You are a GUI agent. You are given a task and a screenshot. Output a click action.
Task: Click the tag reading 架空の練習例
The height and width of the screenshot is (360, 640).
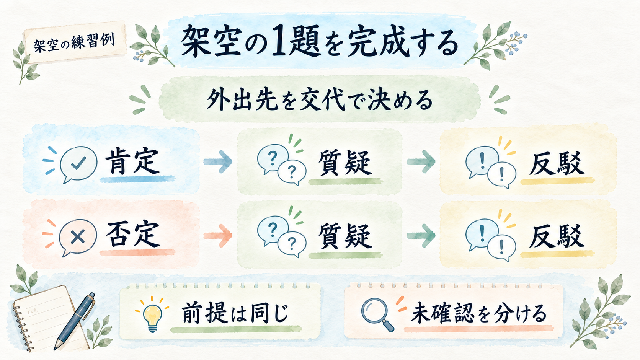(x=75, y=42)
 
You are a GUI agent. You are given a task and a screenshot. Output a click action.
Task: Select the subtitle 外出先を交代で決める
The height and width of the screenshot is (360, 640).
(x=320, y=99)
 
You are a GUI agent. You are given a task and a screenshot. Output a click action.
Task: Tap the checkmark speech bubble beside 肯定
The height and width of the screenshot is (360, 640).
(x=78, y=164)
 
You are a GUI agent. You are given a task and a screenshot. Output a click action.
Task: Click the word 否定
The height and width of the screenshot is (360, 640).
(x=132, y=235)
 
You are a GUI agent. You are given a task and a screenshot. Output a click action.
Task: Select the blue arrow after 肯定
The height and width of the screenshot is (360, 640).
(x=218, y=161)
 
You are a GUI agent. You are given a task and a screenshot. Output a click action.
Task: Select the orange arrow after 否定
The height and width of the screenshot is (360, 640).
(x=218, y=236)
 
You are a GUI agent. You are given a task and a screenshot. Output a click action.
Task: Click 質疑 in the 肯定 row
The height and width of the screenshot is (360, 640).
(x=345, y=163)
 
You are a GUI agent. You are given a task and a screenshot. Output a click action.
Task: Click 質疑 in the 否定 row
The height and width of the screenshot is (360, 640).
(x=345, y=236)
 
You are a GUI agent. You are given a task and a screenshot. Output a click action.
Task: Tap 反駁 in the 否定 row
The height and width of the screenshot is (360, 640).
(x=557, y=237)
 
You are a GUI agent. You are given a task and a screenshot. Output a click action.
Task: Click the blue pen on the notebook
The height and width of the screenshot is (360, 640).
(x=74, y=321)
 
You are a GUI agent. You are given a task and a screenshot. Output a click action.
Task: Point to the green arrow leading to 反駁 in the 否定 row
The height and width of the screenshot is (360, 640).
(x=421, y=236)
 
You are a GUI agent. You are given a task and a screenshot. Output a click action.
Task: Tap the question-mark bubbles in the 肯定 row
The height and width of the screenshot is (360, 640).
(x=282, y=165)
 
